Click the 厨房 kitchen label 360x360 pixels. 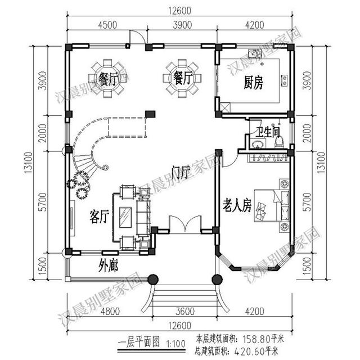[x=253, y=83]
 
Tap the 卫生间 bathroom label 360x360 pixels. [x=268, y=133]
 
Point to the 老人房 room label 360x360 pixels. [x=236, y=207]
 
